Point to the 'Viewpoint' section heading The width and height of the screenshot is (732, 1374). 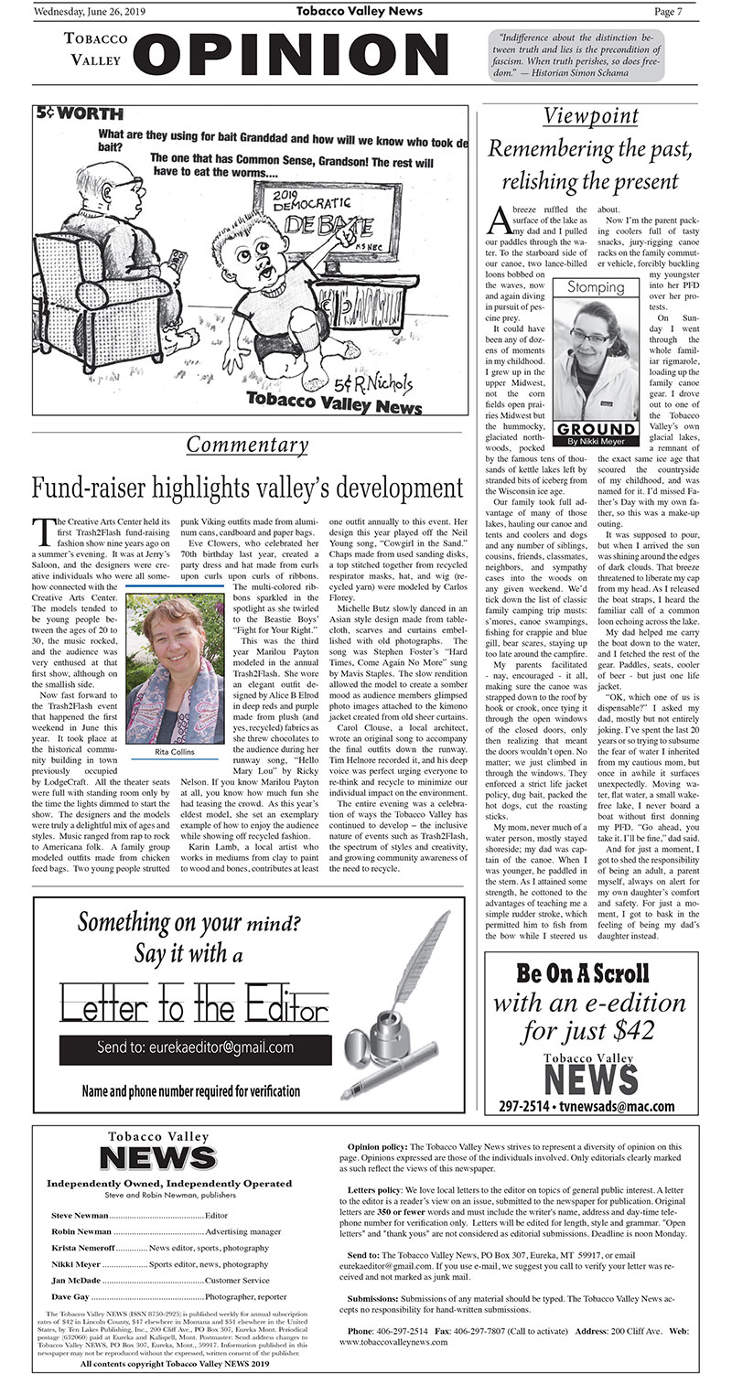590,116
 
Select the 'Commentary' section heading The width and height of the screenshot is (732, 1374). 247,445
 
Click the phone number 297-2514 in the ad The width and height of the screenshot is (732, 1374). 528,1106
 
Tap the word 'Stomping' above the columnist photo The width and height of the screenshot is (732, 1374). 597,287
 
